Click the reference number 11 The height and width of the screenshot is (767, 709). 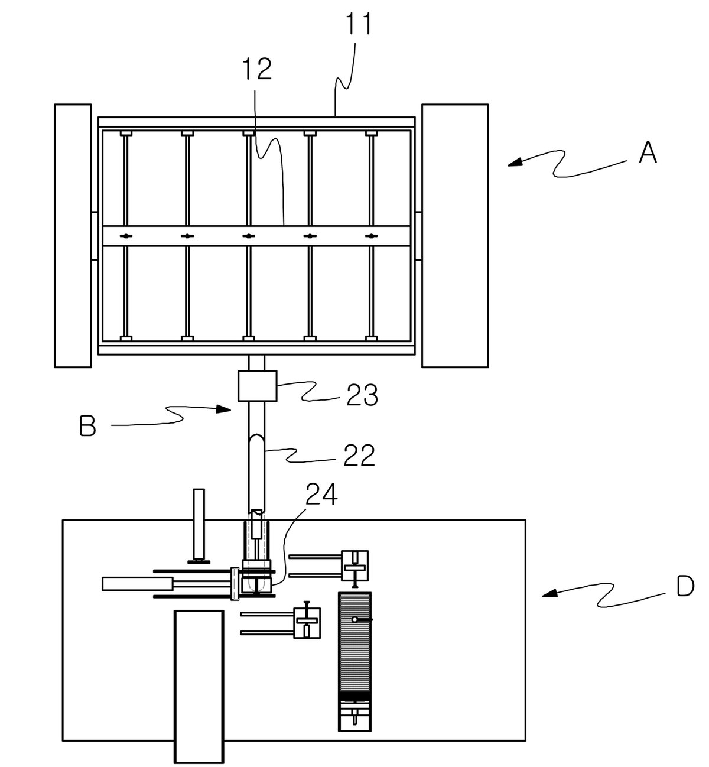pos(358,24)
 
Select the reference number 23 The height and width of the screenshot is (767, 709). pos(362,395)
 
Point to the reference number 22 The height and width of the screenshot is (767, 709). pos(359,456)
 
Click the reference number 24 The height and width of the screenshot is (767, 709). pos(321,495)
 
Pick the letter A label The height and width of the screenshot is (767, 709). pos(648,152)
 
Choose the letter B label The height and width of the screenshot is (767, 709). pos(87,425)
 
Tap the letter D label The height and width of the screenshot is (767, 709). pos(685,586)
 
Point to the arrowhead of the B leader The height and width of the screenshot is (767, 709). pos(223,409)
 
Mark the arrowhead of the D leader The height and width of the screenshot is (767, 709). pos(550,594)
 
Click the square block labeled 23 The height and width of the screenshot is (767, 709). pos(257,386)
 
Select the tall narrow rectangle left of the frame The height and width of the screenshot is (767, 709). pos(73,236)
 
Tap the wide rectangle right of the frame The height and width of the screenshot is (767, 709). pos(455,236)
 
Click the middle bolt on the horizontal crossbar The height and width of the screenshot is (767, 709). pos(248,236)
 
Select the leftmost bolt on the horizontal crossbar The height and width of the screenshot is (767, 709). pos(126,236)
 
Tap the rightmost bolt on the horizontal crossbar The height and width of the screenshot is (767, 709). pos(372,236)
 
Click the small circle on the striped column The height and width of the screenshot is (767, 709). pos(354,620)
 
